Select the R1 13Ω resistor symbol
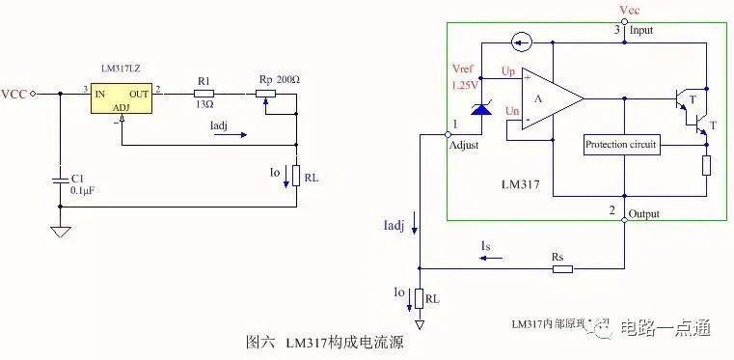coord(203,94)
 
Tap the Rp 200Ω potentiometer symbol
coord(264,94)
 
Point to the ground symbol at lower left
coord(59,231)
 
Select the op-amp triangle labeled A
coord(551,97)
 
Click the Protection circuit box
coord(622,145)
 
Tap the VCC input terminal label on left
coord(14,94)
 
